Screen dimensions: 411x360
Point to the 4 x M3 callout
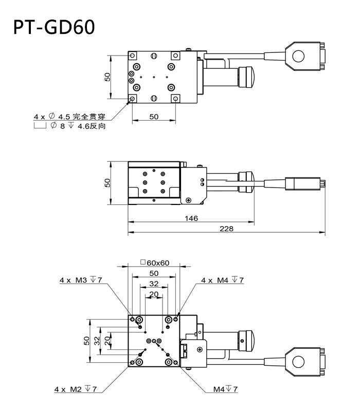point(81,280)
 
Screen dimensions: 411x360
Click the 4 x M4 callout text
point(222,280)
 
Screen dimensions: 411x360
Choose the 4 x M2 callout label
point(78,389)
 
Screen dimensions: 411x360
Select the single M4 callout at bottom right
point(225,389)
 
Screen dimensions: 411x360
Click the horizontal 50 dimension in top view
point(154,117)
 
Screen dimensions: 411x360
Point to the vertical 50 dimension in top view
point(107,77)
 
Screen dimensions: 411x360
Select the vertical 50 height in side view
point(107,182)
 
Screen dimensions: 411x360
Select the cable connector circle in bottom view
point(297,362)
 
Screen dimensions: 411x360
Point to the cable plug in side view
point(306,182)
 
